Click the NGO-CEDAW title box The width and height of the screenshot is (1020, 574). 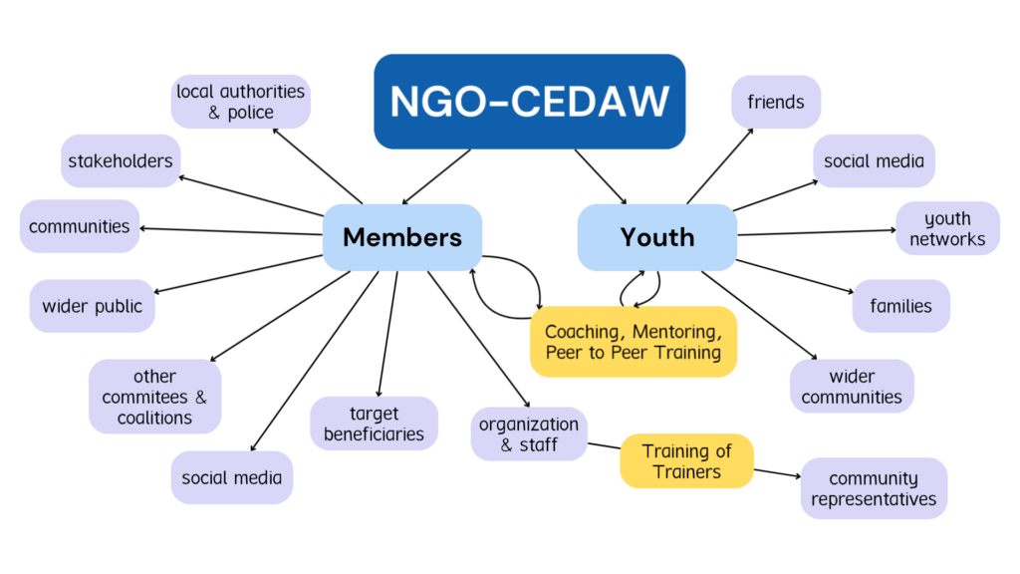coord(529,102)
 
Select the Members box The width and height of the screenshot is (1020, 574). coord(402,237)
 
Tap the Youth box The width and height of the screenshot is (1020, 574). coord(657,237)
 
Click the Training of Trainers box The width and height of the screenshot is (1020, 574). coord(686,460)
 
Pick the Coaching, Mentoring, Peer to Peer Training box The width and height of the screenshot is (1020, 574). coord(633,342)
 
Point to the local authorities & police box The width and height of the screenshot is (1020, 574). coord(240,102)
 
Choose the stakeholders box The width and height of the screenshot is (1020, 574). coord(120,160)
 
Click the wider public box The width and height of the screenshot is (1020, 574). coord(92,306)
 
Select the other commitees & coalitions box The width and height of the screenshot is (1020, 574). coord(154,397)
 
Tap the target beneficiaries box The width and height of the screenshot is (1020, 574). coord(374,424)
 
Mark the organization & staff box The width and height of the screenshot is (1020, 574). coord(528,434)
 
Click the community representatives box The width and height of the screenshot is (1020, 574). coord(874,488)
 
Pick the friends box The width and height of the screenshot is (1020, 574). coord(776,102)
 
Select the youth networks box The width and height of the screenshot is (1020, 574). coord(947,228)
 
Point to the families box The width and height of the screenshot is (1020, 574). coord(900,306)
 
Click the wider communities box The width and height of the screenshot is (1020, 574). coord(852,387)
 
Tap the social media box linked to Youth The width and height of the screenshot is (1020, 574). coord(874,160)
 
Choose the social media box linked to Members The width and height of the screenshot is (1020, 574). coord(231,477)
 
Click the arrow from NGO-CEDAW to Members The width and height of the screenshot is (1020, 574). coord(436,176)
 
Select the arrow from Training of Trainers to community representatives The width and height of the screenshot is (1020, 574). coord(777,473)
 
